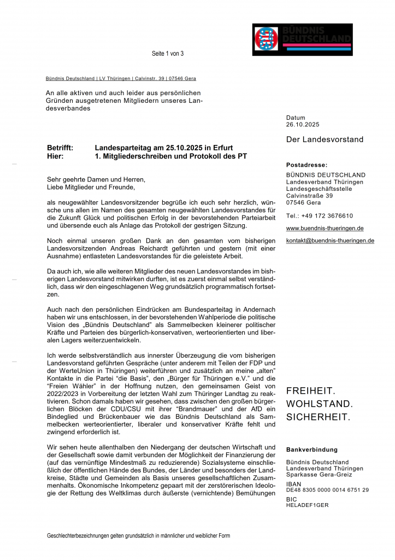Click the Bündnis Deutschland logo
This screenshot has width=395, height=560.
tap(302, 39)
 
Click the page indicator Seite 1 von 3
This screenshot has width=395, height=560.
tap(168, 54)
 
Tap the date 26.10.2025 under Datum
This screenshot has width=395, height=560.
tap(303, 125)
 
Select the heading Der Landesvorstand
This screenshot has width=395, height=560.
tap(325, 139)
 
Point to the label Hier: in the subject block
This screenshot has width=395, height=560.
tap(56, 156)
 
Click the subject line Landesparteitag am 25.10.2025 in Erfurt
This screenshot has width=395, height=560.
tap(164, 148)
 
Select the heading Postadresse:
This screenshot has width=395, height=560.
tap(306, 165)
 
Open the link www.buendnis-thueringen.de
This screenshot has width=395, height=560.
tap(325, 228)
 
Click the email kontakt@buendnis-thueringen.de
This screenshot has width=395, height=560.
tap(330, 241)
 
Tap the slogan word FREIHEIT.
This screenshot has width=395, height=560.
tap(311, 392)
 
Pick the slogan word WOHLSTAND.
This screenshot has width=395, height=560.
tap(320, 405)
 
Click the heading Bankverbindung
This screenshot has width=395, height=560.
tap(312, 450)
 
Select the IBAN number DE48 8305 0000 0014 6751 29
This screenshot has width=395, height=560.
tap(327, 490)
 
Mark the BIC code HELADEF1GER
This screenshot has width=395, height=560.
tap(307, 505)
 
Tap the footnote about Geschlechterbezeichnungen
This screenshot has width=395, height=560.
tap(138, 536)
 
